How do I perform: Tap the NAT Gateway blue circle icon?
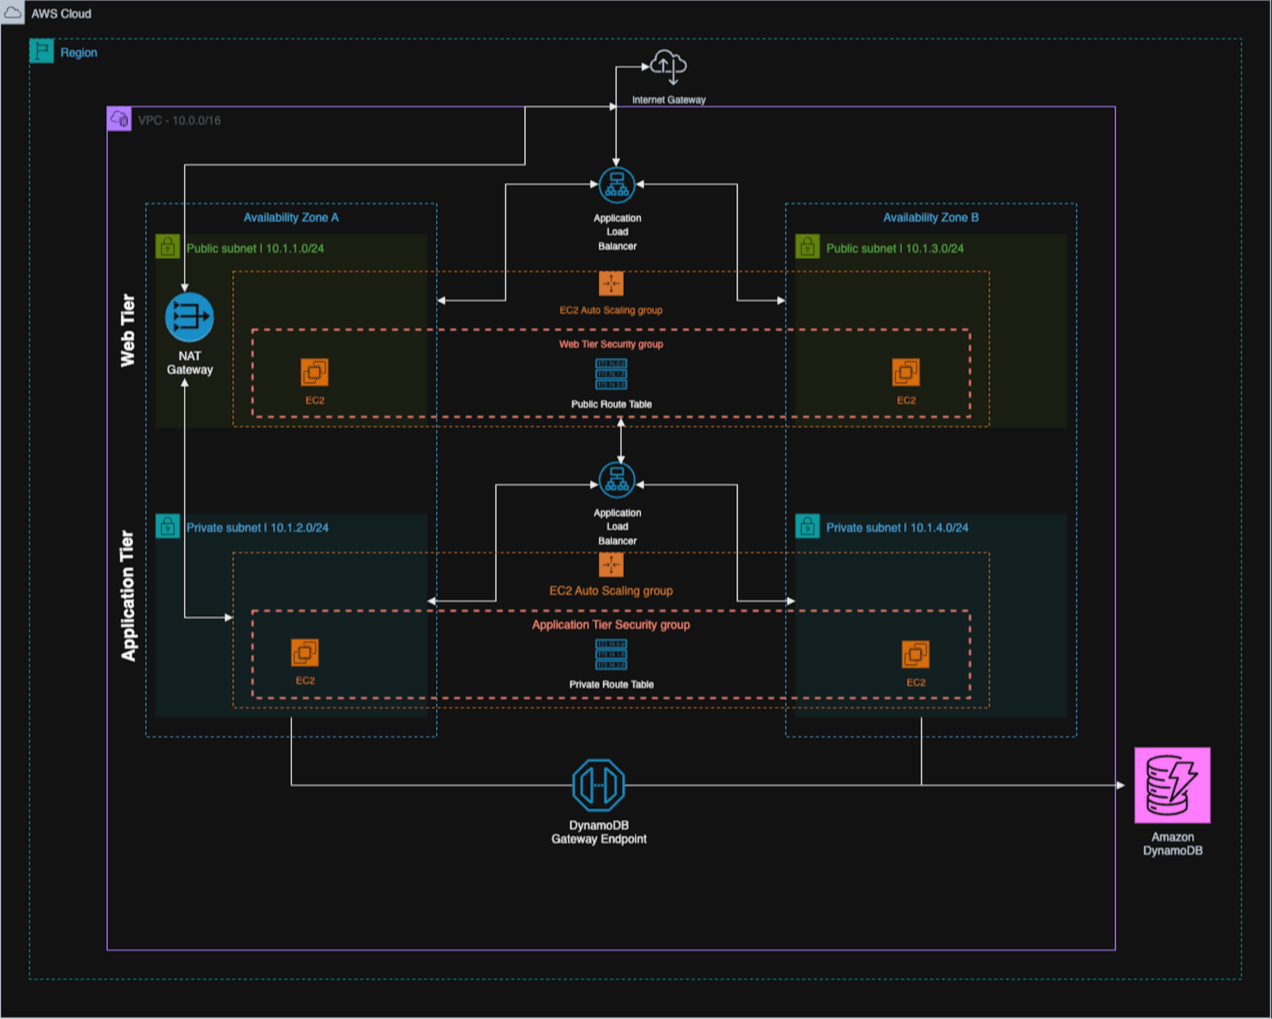pyautogui.click(x=189, y=317)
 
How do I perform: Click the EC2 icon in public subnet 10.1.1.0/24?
pyautogui.click(x=314, y=372)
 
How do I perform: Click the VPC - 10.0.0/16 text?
pyautogui.click(x=179, y=120)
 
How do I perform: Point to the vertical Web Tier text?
pyautogui.click(x=128, y=330)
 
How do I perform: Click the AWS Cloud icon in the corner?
pyautogui.click(x=12, y=12)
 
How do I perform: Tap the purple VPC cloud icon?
pyautogui.click(x=119, y=119)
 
